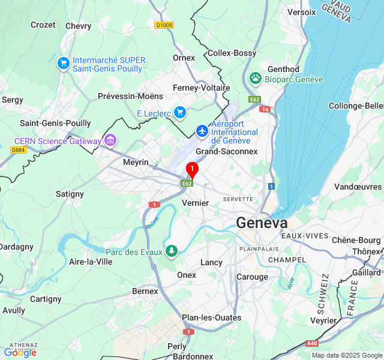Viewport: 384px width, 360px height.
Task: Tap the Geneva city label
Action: [x=262, y=223]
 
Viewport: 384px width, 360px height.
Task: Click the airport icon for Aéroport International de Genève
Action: [x=202, y=130]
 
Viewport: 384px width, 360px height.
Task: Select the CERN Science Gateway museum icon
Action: [x=110, y=141]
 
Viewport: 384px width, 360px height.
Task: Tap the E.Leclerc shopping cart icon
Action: [x=179, y=112]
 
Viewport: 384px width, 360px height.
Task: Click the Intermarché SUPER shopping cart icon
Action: [x=63, y=62]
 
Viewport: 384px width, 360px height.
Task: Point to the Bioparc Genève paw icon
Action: [x=256, y=78]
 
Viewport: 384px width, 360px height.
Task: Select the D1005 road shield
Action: [x=164, y=25]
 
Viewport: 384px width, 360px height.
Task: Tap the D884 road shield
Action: [x=19, y=150]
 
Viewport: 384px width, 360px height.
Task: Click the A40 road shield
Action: [x=311, y=343]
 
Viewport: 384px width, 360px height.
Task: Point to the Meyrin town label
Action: [x=136, y=162]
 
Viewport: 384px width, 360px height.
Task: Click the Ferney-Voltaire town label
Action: [x=201, y=88]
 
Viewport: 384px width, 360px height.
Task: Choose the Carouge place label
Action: [x=252, y=277]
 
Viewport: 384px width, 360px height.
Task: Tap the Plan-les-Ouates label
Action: [x=212, y=317]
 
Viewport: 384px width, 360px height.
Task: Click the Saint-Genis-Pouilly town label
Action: [x=55, y=123]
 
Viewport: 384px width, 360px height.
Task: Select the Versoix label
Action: [x=301, y=12]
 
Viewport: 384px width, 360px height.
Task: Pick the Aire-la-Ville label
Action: [x=91, y=262]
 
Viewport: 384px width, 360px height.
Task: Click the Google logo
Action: [x=20, y=353]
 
